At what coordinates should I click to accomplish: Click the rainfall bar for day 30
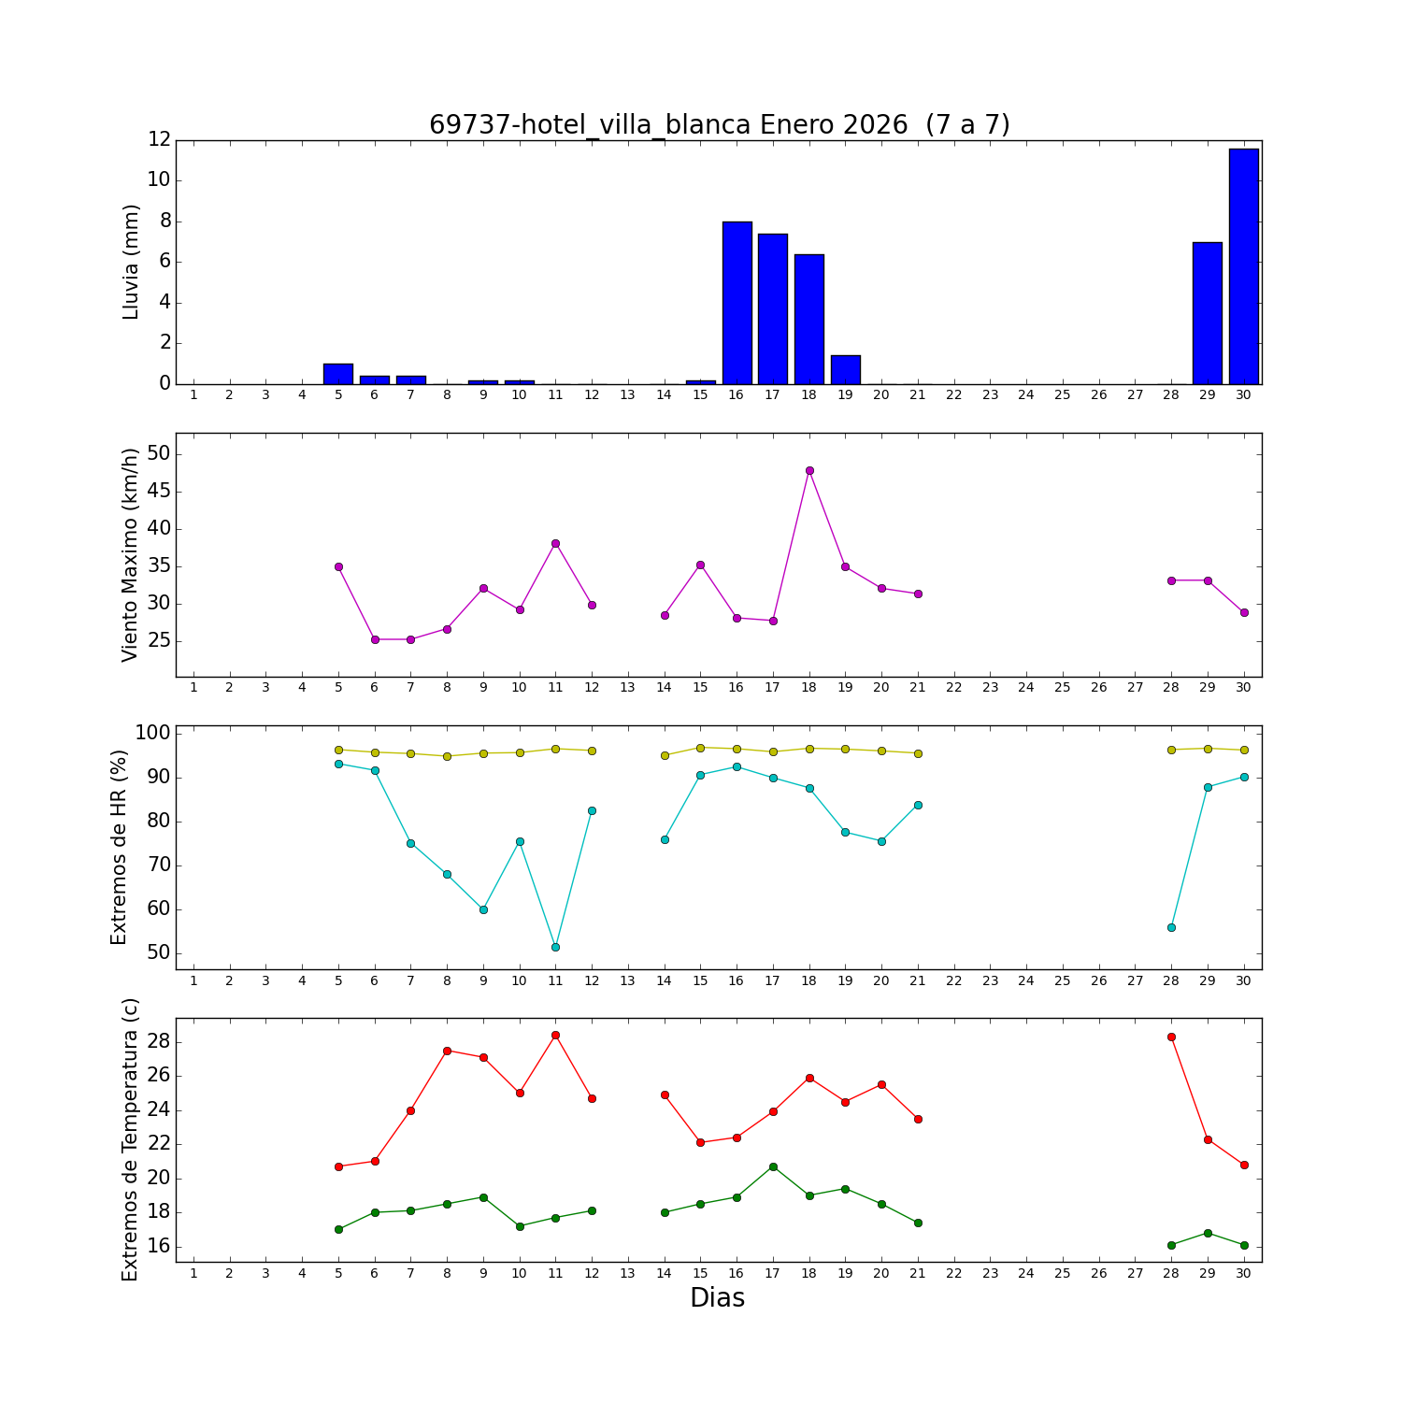click(x=1243, y=266)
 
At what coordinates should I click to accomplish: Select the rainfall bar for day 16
click(x=737, y=303)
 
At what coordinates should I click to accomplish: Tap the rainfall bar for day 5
click(x=338, y=374)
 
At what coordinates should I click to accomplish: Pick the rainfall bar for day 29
click(x=1207, y=313)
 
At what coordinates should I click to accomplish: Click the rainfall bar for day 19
click(x=845, y=370)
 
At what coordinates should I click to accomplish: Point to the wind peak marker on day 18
click(x=809, y=470)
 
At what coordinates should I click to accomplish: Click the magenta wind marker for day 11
click(x=555, y=543)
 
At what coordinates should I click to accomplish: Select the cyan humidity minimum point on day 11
click(x=555, y=947)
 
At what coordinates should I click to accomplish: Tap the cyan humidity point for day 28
click(x=1171, y=927)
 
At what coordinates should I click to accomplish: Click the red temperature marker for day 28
click(x=1171, y=1037)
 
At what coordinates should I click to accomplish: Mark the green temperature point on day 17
click(x=773, y=1166)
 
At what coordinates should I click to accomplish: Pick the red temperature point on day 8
click(x=447, y=1051)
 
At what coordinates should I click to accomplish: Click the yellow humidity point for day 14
click(x=665, y=755)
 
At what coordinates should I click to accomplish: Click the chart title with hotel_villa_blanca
click(x=719, y=125)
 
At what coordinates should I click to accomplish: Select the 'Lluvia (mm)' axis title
click(x=131, y=262)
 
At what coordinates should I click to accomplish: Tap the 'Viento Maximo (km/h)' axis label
click(x=130, y=554)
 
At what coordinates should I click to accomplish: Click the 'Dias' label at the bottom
click(x=717, y=1297)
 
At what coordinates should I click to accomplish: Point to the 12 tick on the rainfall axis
click(x=159, y=140)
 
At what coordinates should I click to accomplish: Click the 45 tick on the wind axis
click(x=158, y=492)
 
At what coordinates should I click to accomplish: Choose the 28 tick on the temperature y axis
click(x=159, y=1042)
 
